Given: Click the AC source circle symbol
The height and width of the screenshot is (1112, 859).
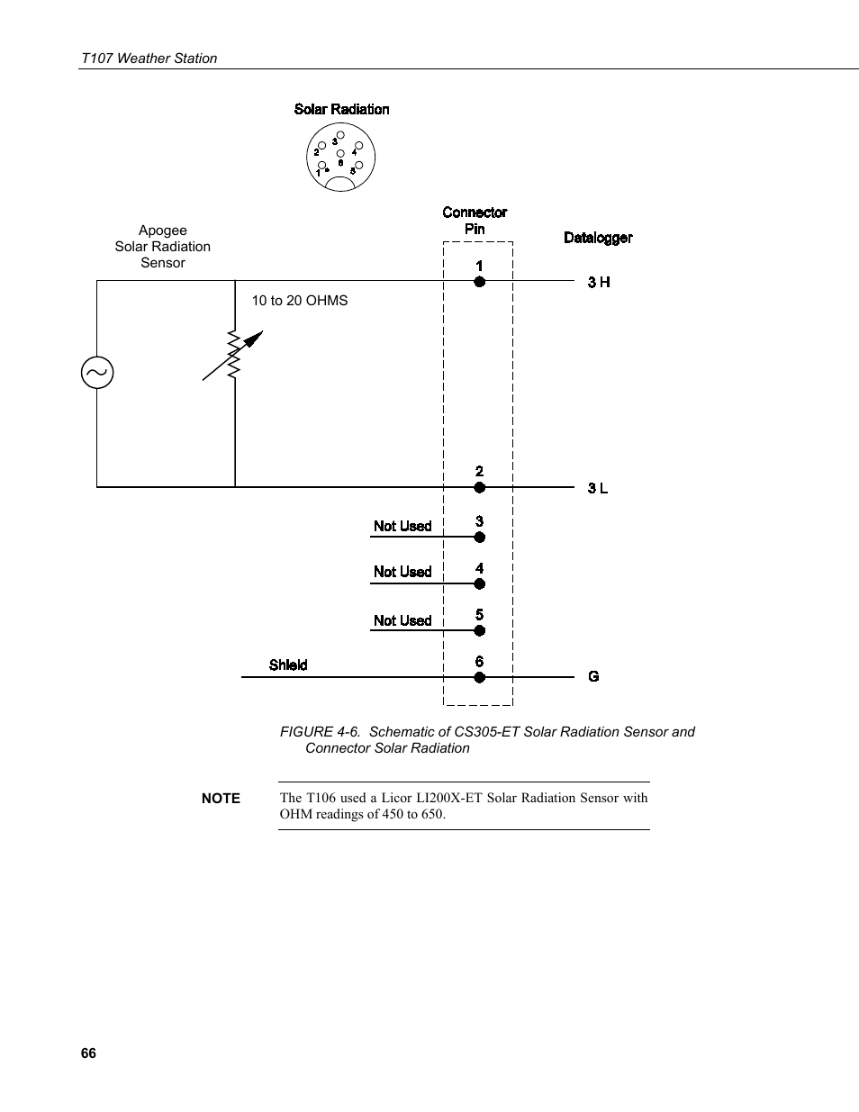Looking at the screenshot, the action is coord(97,372).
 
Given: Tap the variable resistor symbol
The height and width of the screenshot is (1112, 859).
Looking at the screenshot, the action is coord(234,356).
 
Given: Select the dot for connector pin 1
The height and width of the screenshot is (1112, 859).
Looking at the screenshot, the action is coord(480,282).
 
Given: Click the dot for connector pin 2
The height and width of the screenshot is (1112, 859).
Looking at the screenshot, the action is coord(480,487).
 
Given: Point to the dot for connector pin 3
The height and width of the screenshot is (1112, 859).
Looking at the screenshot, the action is coord(480,538).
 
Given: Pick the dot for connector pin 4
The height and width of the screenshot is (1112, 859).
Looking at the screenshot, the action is coord(480,583).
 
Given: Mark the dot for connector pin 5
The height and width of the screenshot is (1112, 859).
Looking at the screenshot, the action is coord(480,630).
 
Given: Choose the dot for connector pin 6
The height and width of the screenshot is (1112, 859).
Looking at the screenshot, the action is coord(480,677).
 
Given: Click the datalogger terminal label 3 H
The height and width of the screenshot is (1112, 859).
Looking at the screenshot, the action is coord(599,283).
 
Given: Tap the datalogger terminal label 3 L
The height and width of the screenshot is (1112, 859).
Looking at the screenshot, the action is coord(598,488).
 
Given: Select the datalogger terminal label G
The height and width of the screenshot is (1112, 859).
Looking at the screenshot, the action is coord(593,676).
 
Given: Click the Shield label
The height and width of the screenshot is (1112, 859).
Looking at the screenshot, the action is coord(288,665).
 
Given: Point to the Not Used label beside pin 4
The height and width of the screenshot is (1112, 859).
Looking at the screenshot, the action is coord(402,572).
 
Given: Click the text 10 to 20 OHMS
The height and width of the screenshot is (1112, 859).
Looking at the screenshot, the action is coord(299,301).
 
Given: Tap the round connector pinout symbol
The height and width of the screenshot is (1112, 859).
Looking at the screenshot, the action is coord(340,158).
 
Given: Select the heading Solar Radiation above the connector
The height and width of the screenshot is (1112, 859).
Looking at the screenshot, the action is coord(341,109).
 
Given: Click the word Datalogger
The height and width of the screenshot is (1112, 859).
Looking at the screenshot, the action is coord(598,238).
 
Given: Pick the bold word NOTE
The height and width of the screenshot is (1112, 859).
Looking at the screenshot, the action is coord(221,798).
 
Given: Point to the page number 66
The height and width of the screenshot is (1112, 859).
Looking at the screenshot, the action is coord(88,1053).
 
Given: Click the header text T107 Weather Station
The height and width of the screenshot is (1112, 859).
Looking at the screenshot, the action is coord(149,59).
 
